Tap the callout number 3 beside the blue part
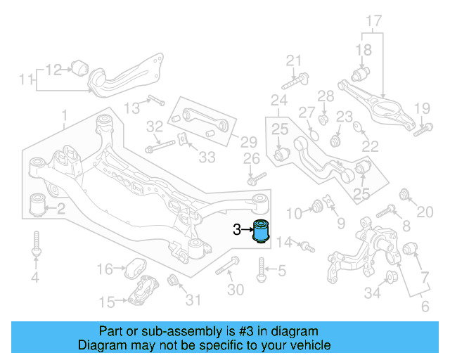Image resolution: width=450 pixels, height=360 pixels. coord(236,229)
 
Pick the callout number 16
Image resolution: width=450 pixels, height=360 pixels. coord(104,269)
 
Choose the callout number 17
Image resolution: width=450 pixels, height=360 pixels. coord(373,21)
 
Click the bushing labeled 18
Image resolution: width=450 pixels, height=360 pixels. coord(362,73)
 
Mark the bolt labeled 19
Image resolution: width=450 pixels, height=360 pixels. coord(422,129)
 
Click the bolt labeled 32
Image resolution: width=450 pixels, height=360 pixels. coord(160,148)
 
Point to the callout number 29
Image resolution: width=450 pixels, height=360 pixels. coord(230,141)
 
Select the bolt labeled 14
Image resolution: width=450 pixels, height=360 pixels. coord(307,246)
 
